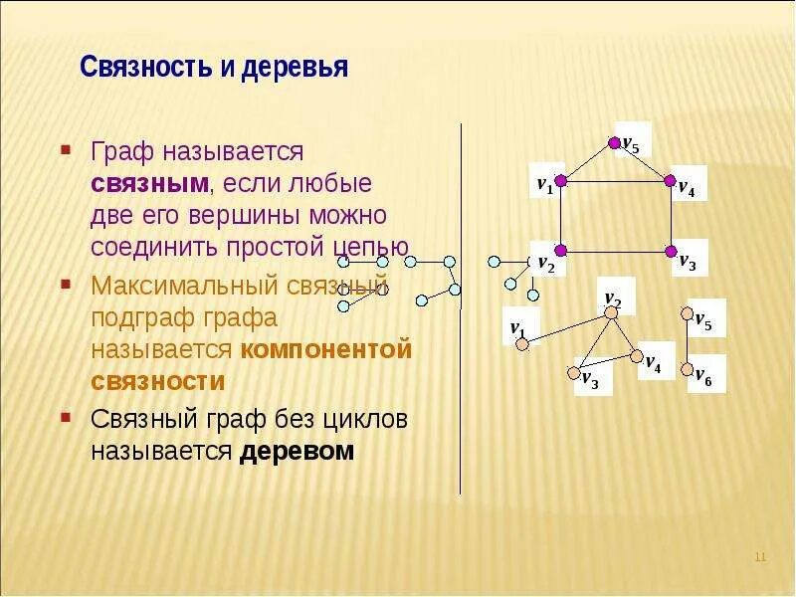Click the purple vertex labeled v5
(x=615, y=140)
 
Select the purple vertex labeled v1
(x=560, y=181)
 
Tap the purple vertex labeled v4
(x=671, y=181)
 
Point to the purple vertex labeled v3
(x=671, y=250)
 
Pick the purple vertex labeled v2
(x=560, y=250)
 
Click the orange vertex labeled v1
(x=520, y=344)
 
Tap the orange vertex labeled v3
(x=573, y=374)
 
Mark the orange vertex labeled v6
(x=686, y=369)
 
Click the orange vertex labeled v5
(x=686, y=314)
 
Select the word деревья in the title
(x=298, y=68)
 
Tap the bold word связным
(x=150, y=184)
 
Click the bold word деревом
(x=297, y=451)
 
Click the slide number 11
(x=760, y=556)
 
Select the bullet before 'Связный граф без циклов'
(x=65, y=419)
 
